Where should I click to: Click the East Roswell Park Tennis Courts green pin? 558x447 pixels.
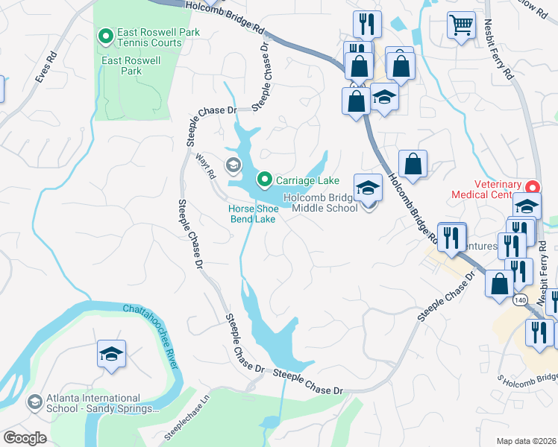pyautogui.click(x=105, y=35)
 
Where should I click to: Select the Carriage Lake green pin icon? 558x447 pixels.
pyautogui.click(x=264, y=180)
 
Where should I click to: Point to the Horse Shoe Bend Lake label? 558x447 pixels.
pyautogui.click(x=253, y=214)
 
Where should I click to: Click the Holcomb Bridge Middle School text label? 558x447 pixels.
pyautogui.click(x=325, y=203)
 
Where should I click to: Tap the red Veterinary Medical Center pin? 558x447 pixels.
pyautogui.click(x=532, y=186)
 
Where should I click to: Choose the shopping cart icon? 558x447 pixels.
pyautogui.click(x=461, y=25)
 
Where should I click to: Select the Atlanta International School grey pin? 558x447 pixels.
pyautogui.click(x=34, y=402)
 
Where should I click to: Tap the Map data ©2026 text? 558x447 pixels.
pyautogui.click(x=526, y=441)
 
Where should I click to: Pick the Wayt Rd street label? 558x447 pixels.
pyautogui.click(x=206, y=165)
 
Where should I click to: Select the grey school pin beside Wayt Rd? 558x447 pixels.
pyautogui.click(x=233, y=165)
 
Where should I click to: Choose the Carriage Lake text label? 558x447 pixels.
pyautogui.click(x=307, y=180)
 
